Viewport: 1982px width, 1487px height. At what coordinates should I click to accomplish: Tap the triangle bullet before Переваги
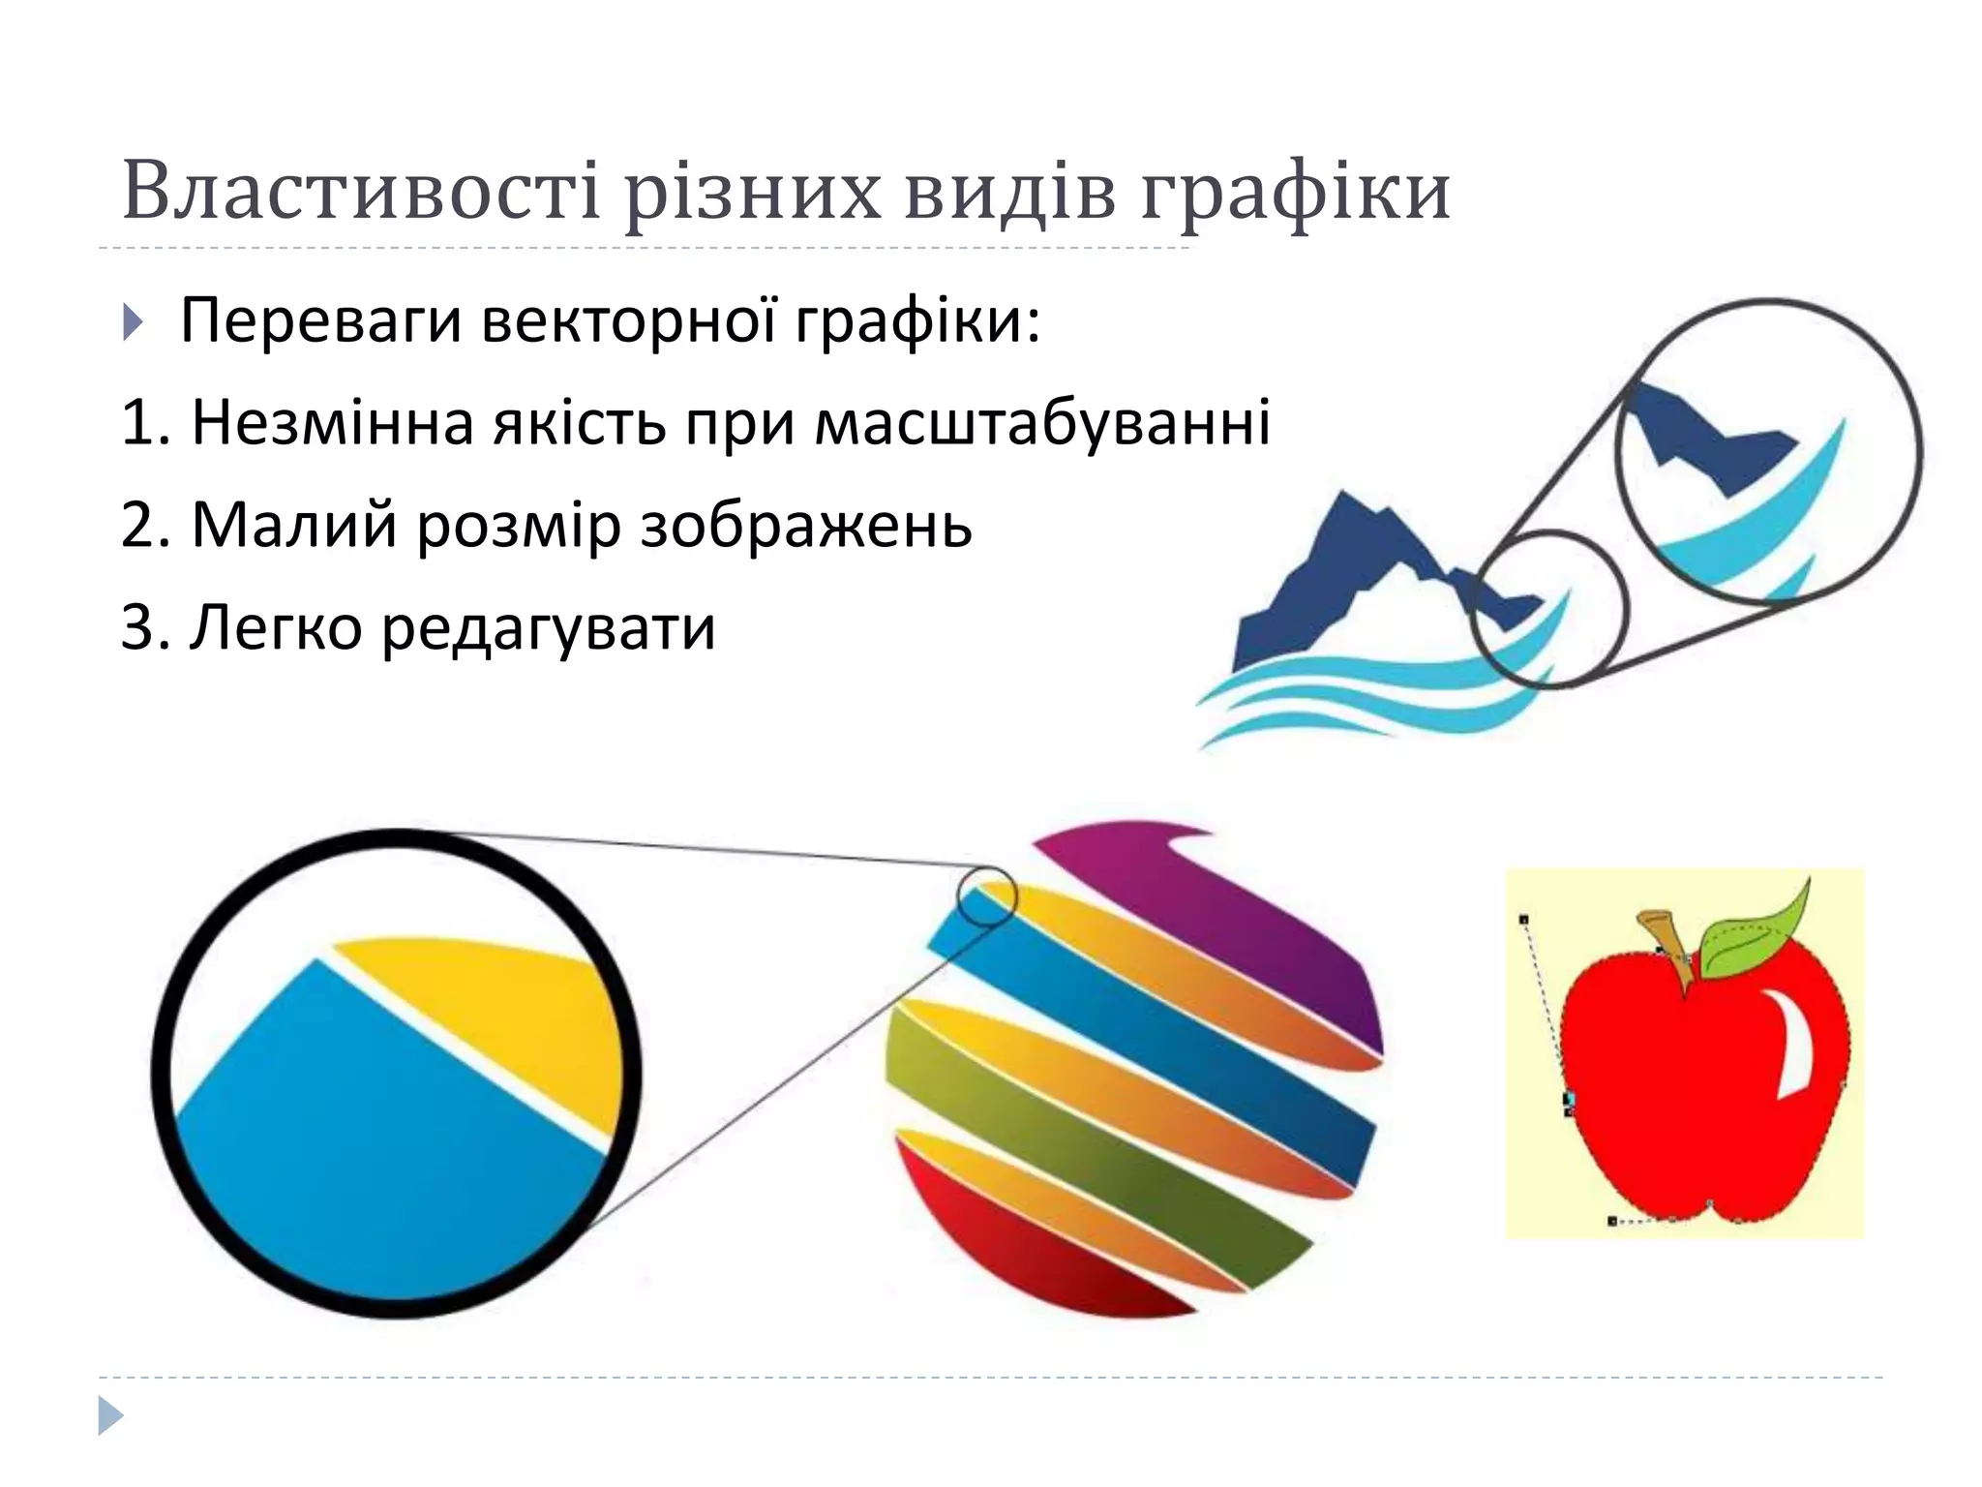click(134, 322)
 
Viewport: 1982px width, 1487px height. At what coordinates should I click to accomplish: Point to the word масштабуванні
click(1042, 423)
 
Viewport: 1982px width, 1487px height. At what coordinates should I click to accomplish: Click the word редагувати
click(549, 627)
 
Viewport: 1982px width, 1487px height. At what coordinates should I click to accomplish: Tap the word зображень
click(806, 527)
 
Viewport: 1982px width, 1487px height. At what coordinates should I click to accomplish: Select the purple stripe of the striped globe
click(1239, 920)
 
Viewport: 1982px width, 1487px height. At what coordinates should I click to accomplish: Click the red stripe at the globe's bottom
click(1026, 1249)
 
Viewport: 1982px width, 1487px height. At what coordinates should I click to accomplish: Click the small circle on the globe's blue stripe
click(987, 896)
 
